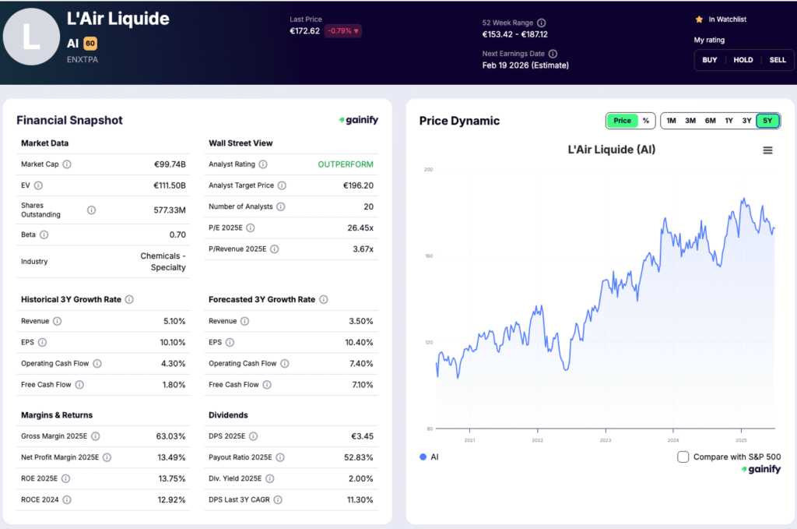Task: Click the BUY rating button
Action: tap(710, 60)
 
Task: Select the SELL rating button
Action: tap(778, 60)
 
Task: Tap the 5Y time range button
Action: tap(767, 121)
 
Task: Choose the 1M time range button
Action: tap(671, 121)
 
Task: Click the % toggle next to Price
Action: tap(645, 121)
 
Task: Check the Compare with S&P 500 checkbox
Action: tap(683, 457)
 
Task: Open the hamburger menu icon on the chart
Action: tap(767, 150)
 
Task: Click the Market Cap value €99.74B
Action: tap(170, 164)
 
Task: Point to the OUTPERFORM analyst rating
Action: tap(346, 164)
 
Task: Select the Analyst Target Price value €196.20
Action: tap(358, 185)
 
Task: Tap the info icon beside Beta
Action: tap(44, 235)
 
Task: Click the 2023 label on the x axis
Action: tap(606, 440)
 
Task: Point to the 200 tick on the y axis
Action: tap(427, 170)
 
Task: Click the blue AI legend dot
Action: tap(423, 457)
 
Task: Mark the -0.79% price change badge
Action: tap(343, 31)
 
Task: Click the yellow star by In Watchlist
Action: tap(699, 19)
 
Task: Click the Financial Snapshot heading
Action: tap(69, 120)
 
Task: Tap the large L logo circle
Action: tap(31, 37)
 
